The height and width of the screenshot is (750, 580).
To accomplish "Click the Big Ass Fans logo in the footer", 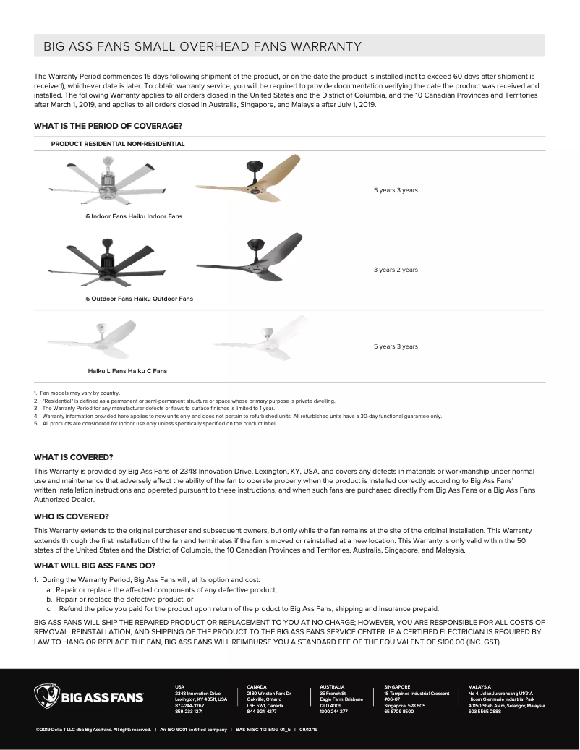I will (x=88, y=698).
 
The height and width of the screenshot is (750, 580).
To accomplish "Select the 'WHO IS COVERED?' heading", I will (x=72, y=516).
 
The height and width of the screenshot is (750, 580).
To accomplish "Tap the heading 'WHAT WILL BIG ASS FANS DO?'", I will (x=95, y=566).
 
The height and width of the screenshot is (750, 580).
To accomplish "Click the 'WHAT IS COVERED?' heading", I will (x=74, y=457).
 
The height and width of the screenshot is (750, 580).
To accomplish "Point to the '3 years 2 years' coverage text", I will (x=396, y=270).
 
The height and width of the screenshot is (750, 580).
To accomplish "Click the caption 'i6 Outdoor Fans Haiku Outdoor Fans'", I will (x=138, y=299).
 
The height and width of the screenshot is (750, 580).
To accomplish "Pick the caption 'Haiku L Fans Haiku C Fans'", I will (x=127, y=371).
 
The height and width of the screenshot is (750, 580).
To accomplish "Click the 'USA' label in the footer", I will (x=180, y=686).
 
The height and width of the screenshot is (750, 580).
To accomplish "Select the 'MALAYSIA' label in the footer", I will (x=479, y=686).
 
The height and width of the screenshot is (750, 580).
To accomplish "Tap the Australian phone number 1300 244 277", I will (x=333, y=712).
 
